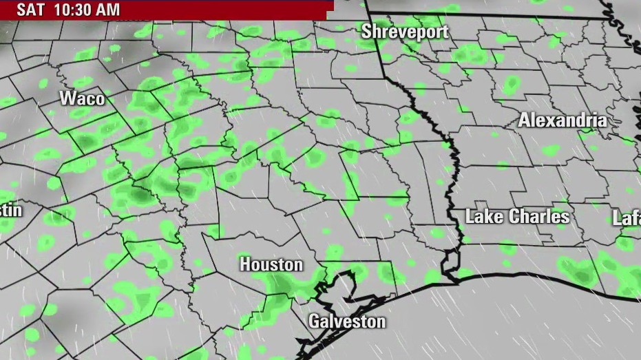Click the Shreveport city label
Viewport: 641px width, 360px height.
point(405,31)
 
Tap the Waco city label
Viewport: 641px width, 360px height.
point(82,98)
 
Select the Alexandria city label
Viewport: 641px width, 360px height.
point(563,120)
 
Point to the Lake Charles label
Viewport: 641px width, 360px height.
point(517,216)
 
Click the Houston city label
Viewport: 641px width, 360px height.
point(271,264)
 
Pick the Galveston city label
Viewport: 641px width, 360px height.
point(346,321)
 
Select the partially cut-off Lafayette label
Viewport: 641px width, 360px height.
point(627,218)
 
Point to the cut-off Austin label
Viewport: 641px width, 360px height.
point(10,210)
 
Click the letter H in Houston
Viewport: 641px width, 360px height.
point(245,264)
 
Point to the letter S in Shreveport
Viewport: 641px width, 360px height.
point(367,31)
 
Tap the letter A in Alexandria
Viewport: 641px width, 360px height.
point(524,120)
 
